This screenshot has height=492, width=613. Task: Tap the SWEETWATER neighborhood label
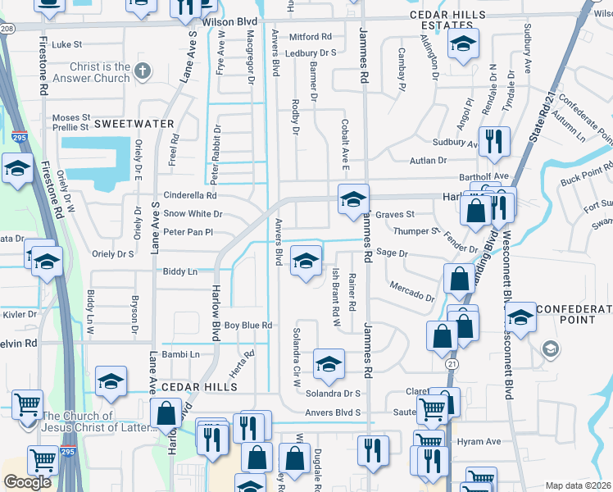134,124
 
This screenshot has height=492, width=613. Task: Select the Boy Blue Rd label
248,326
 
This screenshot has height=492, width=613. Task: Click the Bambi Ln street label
183,354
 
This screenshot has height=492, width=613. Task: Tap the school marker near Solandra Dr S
328,363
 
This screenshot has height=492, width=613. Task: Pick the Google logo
27,482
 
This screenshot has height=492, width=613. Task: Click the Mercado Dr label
411,292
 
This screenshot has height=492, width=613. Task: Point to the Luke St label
67,45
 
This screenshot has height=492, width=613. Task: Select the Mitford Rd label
310,37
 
